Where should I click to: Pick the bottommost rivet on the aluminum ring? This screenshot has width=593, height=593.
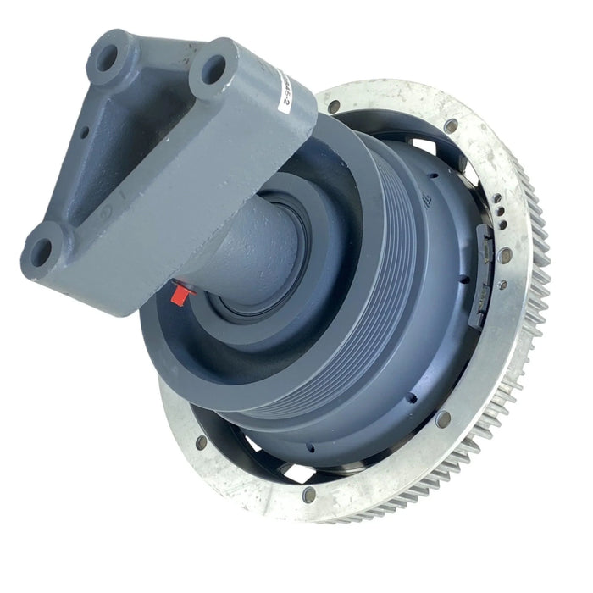coord(309,494)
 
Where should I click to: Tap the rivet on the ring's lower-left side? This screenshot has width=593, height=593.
coord(201,441)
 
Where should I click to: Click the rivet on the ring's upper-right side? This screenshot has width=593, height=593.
coord(451,126)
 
